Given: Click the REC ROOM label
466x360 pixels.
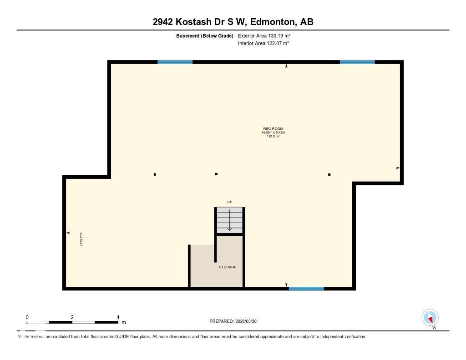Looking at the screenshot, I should click(273, 129).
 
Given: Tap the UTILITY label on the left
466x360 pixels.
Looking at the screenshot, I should click(81, 239).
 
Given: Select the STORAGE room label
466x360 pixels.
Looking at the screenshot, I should click(228, 267).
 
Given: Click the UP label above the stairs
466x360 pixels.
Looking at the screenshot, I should click(230, 202).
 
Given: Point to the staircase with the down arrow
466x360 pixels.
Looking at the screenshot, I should click(230, 220).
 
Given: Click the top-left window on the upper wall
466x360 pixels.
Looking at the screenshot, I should click(175, 62).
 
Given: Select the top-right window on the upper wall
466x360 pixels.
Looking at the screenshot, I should click(357, 62).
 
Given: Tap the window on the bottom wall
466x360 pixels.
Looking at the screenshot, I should click(306, 289).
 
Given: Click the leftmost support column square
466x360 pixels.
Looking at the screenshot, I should click(155, 174).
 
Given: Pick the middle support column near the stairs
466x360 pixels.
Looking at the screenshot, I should click(216, 174).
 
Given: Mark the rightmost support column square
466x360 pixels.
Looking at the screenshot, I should click(329, 174).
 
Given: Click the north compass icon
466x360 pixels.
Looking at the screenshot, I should click(430, 318).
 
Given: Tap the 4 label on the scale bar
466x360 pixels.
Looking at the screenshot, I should click(118, 317).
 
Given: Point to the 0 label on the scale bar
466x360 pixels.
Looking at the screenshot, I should click(27, 317).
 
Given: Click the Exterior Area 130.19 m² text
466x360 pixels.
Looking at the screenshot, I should click(264, 35).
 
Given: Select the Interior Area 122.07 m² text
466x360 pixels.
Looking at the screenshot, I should click(263, 44).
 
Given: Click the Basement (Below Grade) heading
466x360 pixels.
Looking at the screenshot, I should click(205, 35).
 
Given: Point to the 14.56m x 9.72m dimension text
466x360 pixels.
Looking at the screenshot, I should click(273, 132).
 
